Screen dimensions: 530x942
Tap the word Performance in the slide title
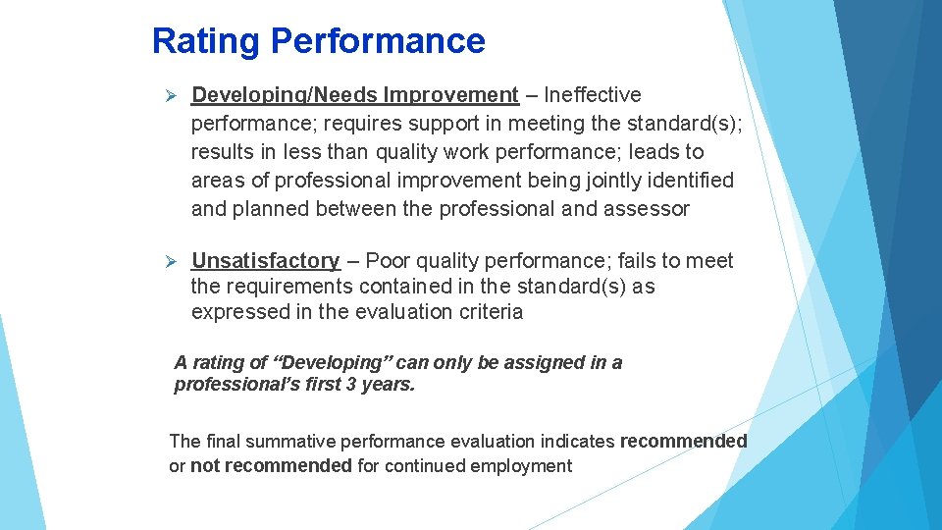tap(378, 41)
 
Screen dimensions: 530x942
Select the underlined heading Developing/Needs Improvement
tap(354, 95)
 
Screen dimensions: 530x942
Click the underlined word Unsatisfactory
tap(265, 261)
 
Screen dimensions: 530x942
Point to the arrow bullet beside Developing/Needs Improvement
tap(169, 96)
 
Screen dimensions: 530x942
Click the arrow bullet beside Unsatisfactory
tap(169, 262)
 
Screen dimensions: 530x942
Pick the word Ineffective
tap(592, 95)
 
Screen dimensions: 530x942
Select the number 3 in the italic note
tap(350, 385)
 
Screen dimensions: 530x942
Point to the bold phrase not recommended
tap(271, 466)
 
